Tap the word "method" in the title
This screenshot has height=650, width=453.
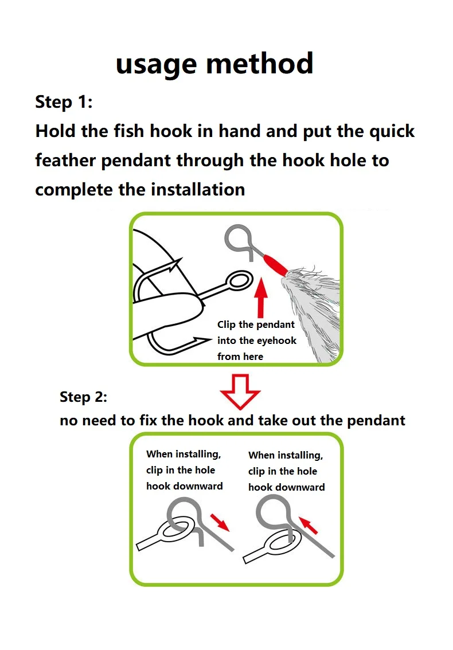click(x=260, y=64)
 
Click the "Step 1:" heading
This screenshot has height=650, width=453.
click(x=64, y=102)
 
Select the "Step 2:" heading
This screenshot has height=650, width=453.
click(x=83, y=397)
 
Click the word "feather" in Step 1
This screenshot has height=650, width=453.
click(x=65, y=160)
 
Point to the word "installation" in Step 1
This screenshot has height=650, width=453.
click(x=198, y=190)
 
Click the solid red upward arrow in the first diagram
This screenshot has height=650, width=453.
click(x=261, y=298)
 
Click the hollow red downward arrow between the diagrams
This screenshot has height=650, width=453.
click(x=240, y=391)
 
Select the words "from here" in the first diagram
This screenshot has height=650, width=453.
click(x=240, y=357)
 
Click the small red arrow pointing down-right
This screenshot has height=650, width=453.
click(x=220, y=522)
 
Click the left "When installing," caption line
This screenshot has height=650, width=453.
click(x=183, y=455)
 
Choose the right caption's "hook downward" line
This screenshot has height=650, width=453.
click(x=287, y=487)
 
